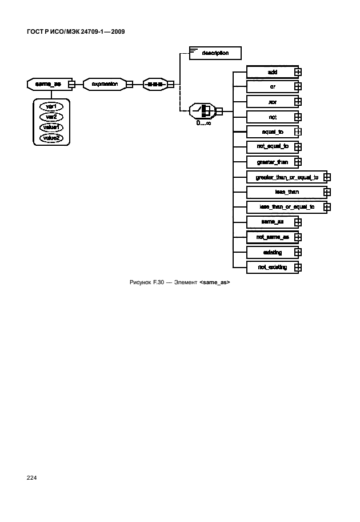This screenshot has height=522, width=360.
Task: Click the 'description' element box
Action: point(215,53)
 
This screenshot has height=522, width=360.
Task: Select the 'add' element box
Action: point(272,72)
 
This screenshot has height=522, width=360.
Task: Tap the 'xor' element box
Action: point(272,102)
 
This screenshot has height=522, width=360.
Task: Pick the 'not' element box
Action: point(272,117)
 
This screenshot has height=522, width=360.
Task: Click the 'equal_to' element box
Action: point(272,132)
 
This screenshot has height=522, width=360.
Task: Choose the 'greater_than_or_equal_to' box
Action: point(286,177)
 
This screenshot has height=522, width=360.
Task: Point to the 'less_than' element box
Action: point(286,192)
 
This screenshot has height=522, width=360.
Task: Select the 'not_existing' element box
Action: point(272,266)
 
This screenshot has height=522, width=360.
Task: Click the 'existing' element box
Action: point(272,252)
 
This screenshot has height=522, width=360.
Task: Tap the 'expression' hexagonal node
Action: point(105,85)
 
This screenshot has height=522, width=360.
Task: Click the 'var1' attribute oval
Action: point(51,106)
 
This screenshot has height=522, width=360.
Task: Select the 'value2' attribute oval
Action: point(51,138)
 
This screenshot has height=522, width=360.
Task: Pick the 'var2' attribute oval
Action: point(51,117)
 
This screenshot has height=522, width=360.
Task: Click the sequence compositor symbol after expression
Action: point(154,85)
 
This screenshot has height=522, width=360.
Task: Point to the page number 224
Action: point(31,478)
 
